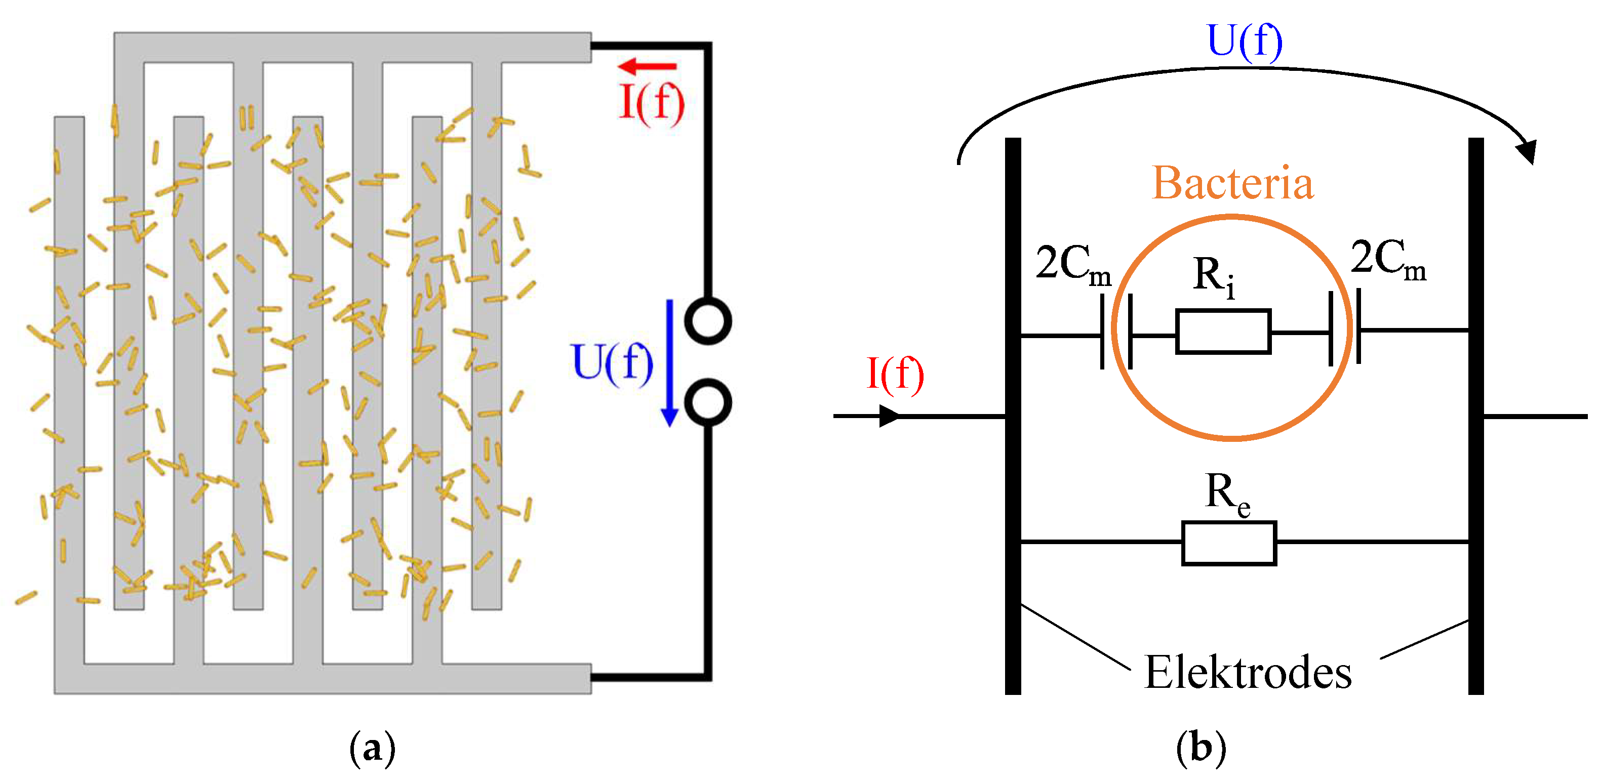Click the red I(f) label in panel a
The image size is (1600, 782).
(x=652, y=102)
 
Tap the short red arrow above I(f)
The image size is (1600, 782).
(x=647, y=66)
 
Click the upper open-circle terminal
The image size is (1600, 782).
(x=707, y=321)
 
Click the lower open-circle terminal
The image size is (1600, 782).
(x=707, y=402)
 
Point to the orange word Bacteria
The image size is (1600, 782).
(x=1232, y=183)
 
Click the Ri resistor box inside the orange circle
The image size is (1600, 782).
(x=1222, y=331)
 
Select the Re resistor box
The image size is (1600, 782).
(x=1228, y=543)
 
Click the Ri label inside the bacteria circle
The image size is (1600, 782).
(x=1214, y=276)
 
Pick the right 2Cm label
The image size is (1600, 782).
(x=1387, y=260)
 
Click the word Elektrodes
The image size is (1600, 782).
(x=1247, y=673)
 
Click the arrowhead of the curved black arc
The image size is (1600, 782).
(x=1527, y=151)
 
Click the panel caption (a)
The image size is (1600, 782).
(x=372, y=748)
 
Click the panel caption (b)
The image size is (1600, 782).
(x=1201, y=748)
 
